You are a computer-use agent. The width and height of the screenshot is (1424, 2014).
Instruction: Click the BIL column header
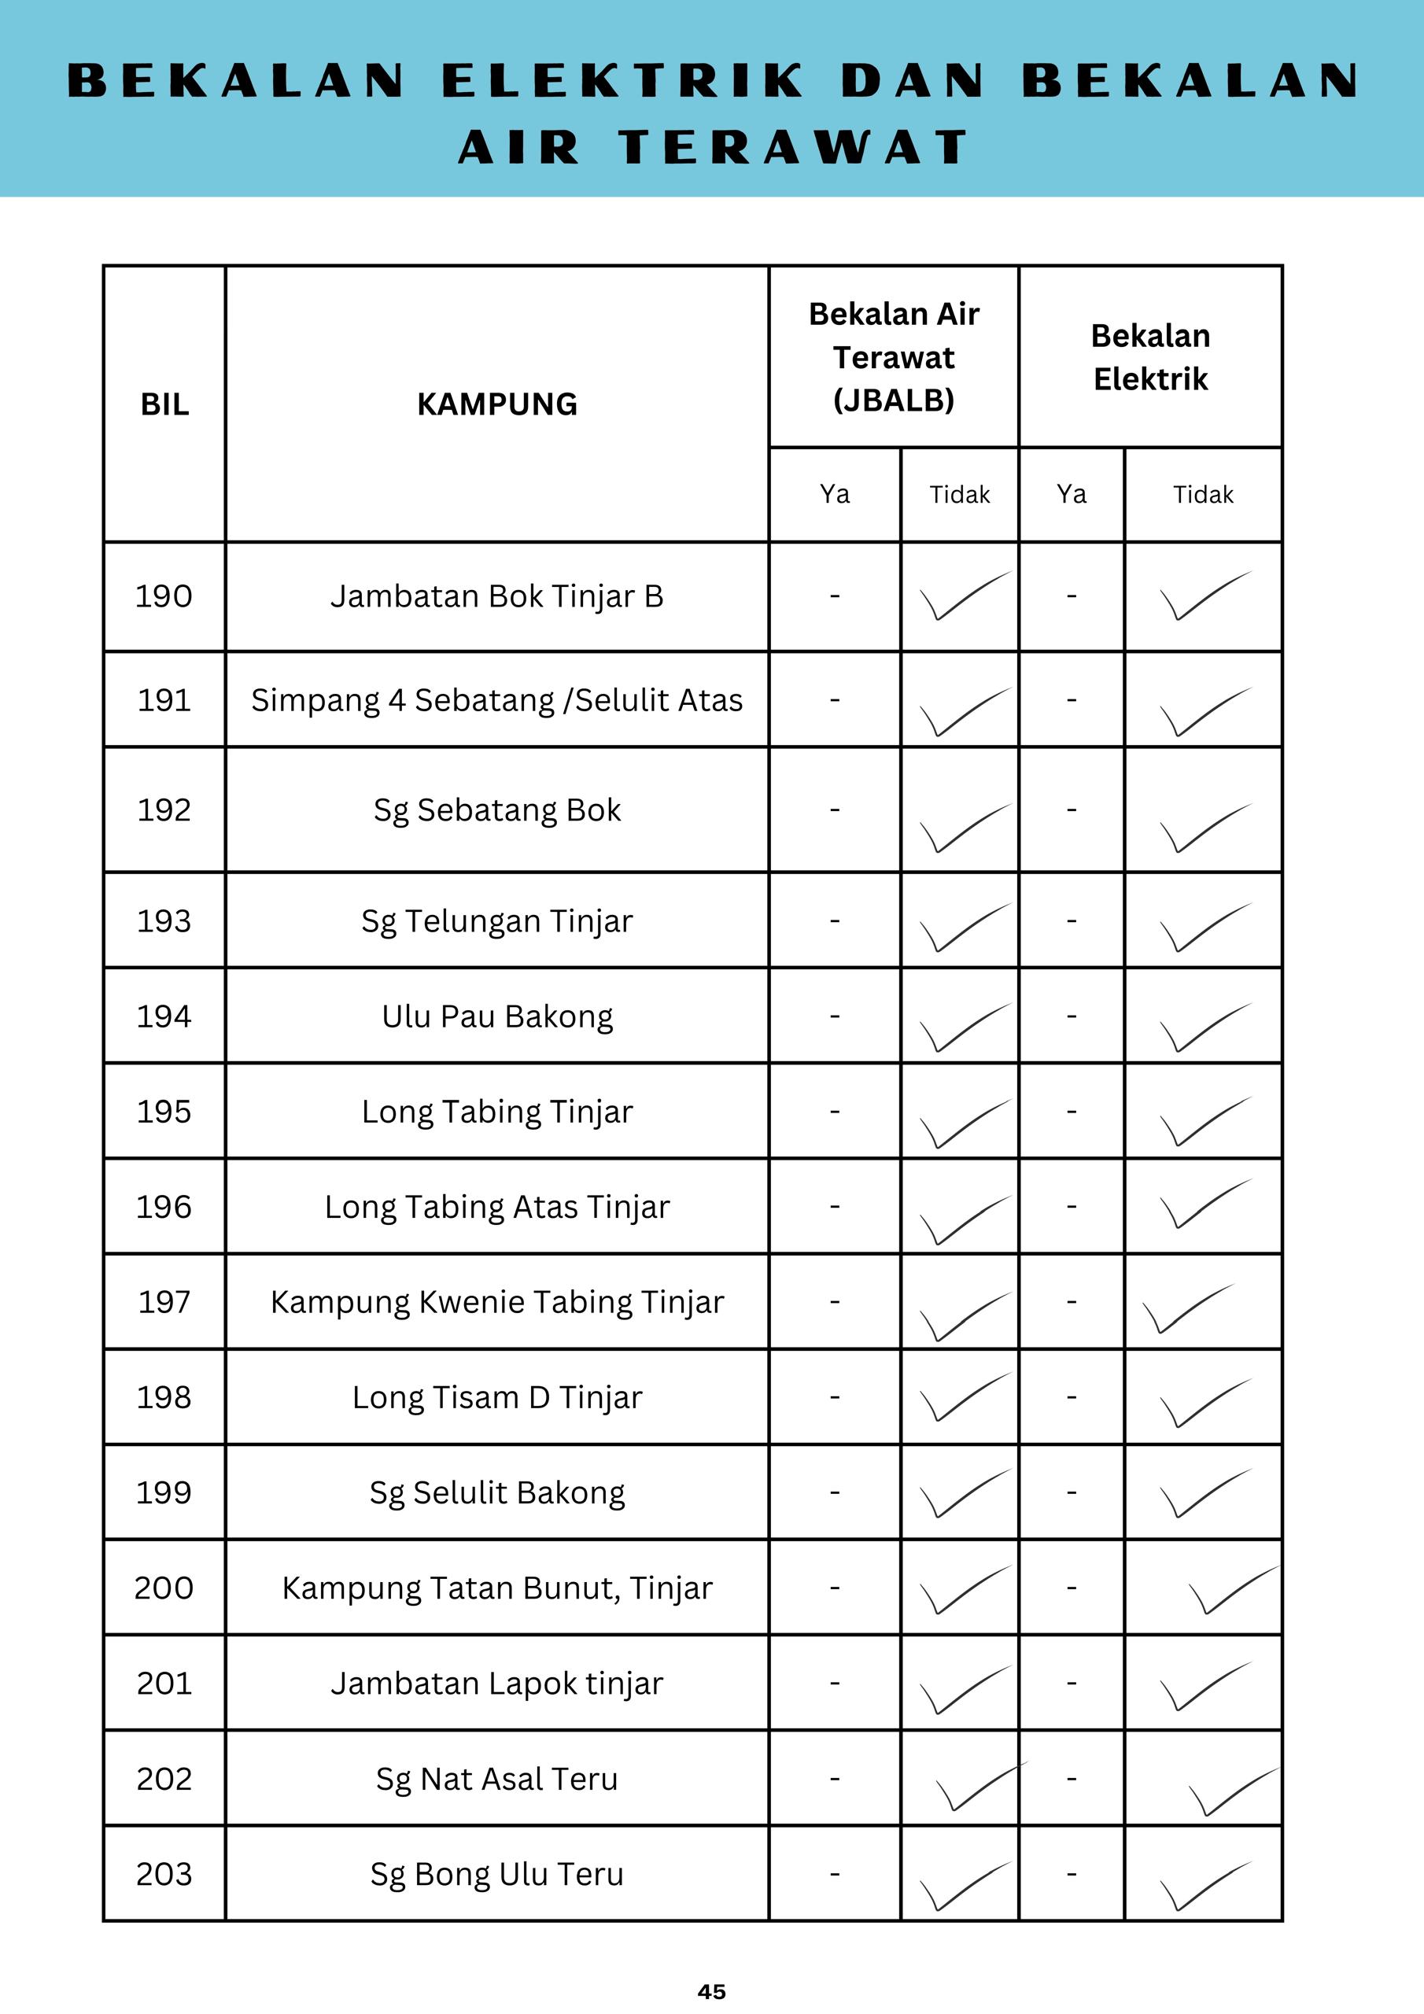click(164, 404)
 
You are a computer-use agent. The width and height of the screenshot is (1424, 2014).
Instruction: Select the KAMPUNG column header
click(496, 404)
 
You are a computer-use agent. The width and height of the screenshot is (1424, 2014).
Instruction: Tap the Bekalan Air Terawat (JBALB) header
click(893, 357)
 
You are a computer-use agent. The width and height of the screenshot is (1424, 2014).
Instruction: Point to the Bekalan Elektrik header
click(1150, 357)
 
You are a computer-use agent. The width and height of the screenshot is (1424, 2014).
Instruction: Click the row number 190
click(164, 596)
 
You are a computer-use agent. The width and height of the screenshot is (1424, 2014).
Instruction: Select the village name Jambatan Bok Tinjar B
click(496, 596)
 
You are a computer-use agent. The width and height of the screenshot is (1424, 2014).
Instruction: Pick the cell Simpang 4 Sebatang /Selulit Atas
click(496, 700)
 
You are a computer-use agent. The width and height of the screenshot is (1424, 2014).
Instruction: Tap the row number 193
click(164, 921)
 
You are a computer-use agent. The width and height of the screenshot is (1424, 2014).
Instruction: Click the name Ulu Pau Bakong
click(496, 1016)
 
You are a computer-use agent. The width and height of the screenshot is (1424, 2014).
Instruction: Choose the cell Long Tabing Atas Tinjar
click(496, 1207)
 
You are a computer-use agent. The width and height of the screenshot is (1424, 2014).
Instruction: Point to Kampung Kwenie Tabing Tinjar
click(496, 1302)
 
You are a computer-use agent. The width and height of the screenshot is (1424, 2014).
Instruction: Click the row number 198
click(164, 1397)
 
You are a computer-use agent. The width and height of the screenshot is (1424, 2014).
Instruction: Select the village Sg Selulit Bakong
click(496, 1493)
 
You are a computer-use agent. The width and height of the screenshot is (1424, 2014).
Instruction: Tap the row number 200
click(164, 1588)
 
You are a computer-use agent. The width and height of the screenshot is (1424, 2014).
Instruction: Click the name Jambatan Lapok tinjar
click(496, 1684)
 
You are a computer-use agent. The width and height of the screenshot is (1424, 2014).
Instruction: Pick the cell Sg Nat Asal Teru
click(496, 1779)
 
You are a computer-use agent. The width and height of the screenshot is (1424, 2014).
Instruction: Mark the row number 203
click(164, 1875)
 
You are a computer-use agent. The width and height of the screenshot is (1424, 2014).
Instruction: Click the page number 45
click(711, 1991)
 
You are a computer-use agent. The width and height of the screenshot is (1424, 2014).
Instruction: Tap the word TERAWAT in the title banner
click(793, 146)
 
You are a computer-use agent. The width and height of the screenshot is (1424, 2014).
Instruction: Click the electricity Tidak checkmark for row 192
click(1204, 827)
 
